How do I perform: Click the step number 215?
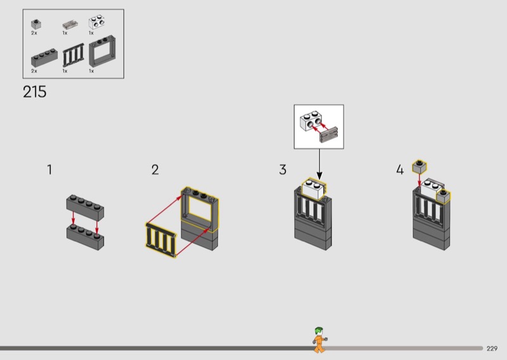[34, 92]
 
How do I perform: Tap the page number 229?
[492, 348]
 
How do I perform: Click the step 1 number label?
[49, 170]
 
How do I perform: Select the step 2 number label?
[155, 170]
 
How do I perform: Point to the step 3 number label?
[283, 170]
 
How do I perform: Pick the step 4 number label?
[399, 170]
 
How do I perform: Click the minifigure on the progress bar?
[319, 340]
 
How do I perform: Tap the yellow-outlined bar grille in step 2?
[160, 239]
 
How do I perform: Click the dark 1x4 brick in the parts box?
[44, 59]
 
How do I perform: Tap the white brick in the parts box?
[97, 23]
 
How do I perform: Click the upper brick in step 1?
[85, 207]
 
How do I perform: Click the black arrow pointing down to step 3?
[318, 163]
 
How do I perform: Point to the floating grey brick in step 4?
[419, 167]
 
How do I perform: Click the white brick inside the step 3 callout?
[311, 120]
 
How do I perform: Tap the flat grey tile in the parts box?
[70, 25]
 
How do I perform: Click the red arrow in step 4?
[420, 181]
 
